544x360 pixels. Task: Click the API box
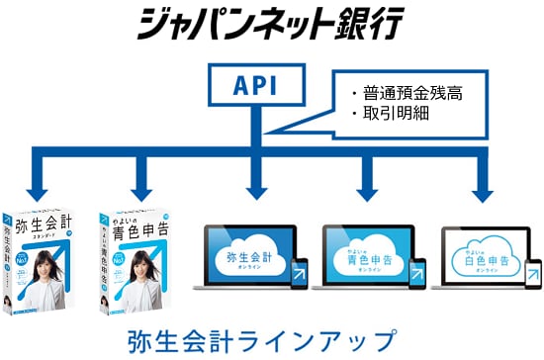coord(254,87)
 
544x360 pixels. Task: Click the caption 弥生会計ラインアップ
coord(262,339)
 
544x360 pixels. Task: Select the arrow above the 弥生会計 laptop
coord(255,184)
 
